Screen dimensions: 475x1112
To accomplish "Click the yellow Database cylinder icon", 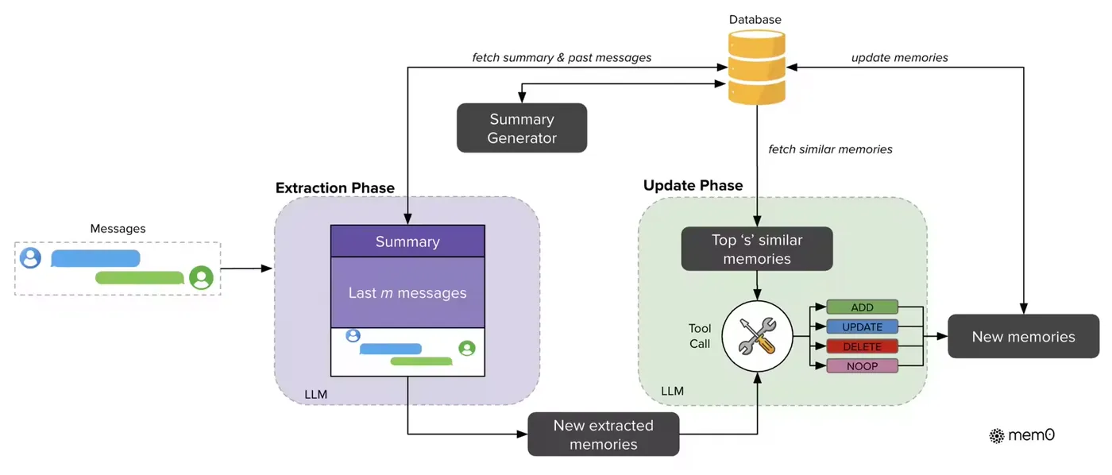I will [757, 67].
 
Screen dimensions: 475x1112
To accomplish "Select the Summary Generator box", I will [522, 128].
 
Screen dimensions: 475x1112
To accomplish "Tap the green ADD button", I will [862, 307].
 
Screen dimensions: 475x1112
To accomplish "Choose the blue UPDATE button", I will [862, 326].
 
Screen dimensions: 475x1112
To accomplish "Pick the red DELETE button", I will [862, 346].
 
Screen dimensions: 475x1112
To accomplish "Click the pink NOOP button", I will [862, 366].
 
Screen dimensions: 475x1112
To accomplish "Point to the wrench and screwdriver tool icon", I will [757, 336].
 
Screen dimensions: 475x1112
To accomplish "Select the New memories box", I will [1023, 337].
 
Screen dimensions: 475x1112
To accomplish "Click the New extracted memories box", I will [604, 434].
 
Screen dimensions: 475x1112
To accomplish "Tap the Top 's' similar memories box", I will [757, 249].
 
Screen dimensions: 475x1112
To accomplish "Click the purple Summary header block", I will [407, 241].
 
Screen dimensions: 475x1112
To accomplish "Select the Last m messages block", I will [407, 293].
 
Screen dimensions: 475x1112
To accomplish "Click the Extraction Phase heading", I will [334, 188].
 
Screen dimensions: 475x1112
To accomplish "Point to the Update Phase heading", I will [693, 186].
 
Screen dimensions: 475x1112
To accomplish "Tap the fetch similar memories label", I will [830, 149].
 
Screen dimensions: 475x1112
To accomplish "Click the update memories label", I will [899, 57].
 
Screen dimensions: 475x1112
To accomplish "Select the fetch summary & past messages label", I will [562, 57].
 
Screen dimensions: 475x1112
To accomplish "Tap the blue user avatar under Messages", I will [31, 258].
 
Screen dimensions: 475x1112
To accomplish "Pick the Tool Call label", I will [699, 336].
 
